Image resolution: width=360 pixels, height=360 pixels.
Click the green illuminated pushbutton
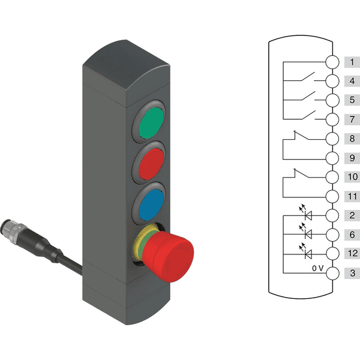point(151,123)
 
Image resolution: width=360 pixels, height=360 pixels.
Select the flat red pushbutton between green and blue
point(152,163)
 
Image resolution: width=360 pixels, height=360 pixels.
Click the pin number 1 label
point(352,62)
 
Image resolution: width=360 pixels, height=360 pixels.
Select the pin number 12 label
point(353,253)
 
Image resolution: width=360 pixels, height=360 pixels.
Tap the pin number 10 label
point(353,177)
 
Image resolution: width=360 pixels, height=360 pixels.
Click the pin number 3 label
point(353,273)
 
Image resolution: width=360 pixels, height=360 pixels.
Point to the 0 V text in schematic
point(318,268)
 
